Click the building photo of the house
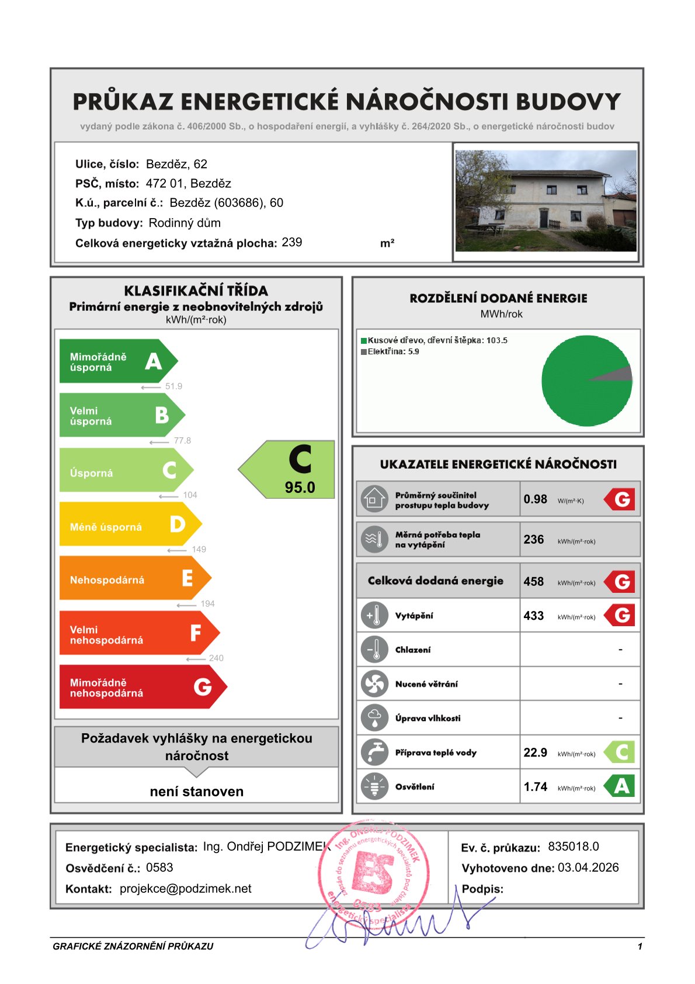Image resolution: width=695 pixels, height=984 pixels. point(545,201)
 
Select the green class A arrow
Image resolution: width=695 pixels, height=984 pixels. point(117,361)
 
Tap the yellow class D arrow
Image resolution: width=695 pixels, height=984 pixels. point(128,524)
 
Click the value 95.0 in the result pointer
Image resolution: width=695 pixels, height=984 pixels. point(300,487)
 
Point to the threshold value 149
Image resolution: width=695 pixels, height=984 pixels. point(199,549)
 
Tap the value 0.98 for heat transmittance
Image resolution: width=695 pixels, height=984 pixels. point(535,499)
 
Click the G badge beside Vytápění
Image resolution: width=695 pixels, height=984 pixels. point(621,615)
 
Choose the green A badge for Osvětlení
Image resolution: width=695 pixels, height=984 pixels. point(621,786)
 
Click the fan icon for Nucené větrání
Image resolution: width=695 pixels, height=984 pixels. point(374,683)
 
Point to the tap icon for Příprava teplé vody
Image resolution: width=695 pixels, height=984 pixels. point(374,752)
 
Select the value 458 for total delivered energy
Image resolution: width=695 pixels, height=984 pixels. point(533,581)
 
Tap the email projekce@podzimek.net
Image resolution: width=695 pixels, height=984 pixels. point(185,889)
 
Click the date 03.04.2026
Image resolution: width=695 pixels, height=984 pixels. point(588,868)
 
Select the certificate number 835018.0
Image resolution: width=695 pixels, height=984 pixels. point(573,847)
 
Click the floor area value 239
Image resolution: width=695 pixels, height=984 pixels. point(291,242)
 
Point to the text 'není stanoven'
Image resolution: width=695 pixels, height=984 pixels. point(196,791)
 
